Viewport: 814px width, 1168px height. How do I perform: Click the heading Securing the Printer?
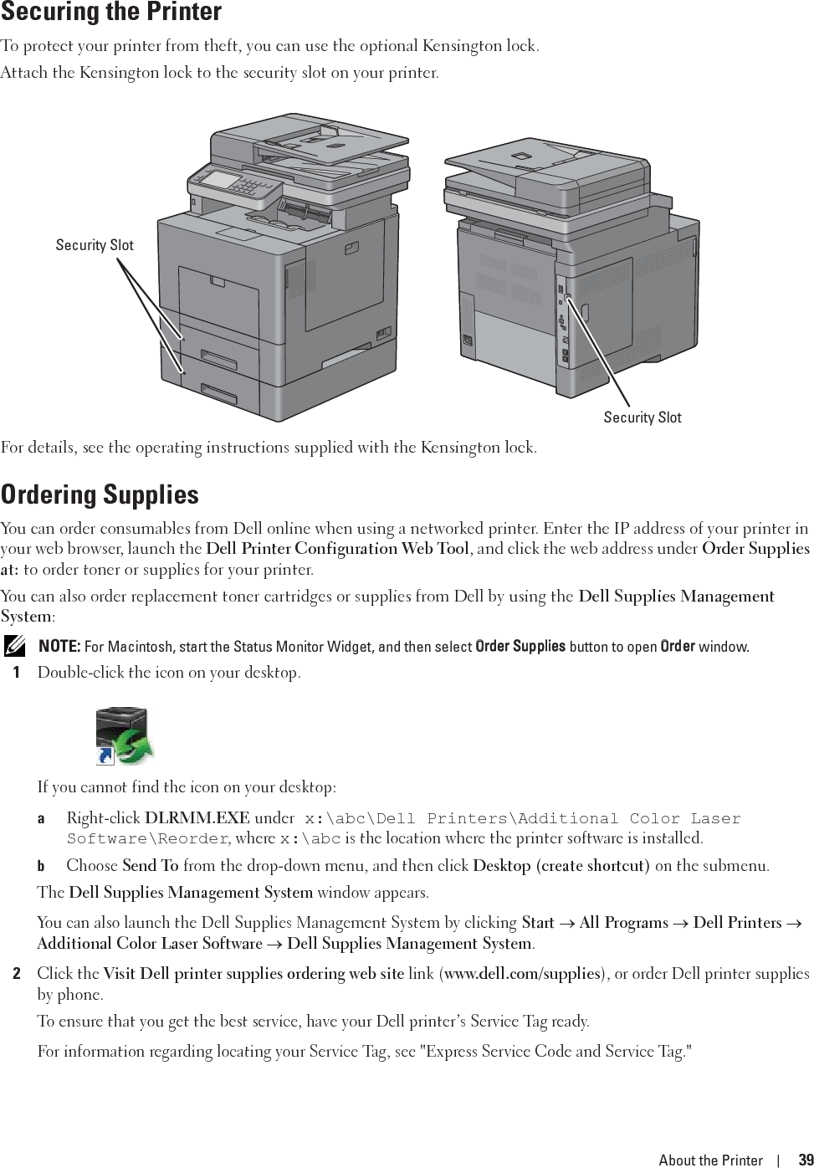click(x=110, y=13)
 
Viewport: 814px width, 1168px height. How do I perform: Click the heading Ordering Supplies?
click(x=100, y=494)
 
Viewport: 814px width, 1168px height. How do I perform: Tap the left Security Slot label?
click(x=95, y=245)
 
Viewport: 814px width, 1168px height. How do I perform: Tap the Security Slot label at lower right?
click(x=642, y=418)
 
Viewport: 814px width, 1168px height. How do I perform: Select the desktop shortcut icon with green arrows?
click(x=125, y=736)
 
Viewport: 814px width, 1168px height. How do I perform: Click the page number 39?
click(x=805, y=1160)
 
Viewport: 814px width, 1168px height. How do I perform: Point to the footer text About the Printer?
click(x=710, y=1160)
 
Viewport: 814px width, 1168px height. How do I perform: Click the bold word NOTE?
click(x=59, y=647)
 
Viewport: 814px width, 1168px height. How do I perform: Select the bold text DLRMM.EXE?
click(x=197, y=818)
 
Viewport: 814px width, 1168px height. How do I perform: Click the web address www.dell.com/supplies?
click(x=522, y=974)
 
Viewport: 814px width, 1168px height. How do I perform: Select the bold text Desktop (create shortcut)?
click(x=561, y=866)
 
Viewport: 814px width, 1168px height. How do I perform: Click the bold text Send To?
click(x=150, y=866)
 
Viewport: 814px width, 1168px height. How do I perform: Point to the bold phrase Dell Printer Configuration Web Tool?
click(x=337, y=550)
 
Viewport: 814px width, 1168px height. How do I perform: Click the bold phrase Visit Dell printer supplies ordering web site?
click(x=253, y=974)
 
